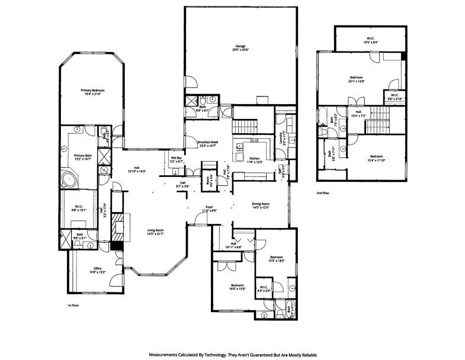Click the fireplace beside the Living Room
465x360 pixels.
point(118,224)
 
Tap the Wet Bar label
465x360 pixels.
point(177,159)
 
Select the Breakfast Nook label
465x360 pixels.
point(207,142)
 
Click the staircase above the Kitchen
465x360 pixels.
point(244,126)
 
